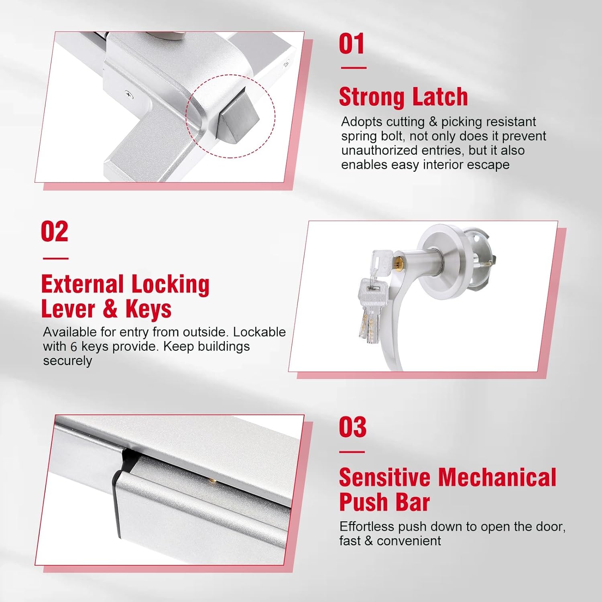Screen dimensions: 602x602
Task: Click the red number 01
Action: coord(352,44)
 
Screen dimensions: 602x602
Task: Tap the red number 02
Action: coord(55,232)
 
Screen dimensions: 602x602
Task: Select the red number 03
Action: coord(352,427)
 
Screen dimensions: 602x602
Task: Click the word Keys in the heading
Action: coord(148,309)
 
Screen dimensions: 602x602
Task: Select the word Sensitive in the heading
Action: coord(384,478)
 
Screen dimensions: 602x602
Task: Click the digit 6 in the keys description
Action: coord(73,347)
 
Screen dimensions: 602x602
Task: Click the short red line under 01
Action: coord(354,68)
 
